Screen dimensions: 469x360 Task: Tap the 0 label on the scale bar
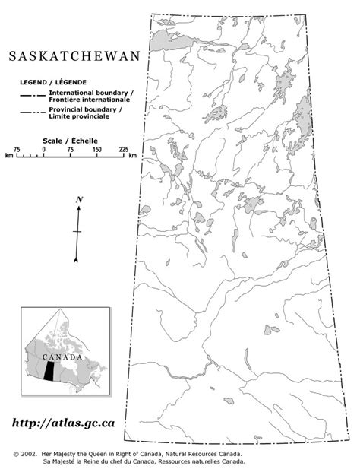pos(43,149)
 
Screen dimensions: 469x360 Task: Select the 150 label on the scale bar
pos(96,149)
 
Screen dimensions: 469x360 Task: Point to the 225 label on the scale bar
pos(123,149)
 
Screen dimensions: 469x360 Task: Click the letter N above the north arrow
pos(78,199)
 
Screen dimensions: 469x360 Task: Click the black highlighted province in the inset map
pos(49,371)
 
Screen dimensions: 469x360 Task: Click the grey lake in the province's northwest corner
pos(162,38)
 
